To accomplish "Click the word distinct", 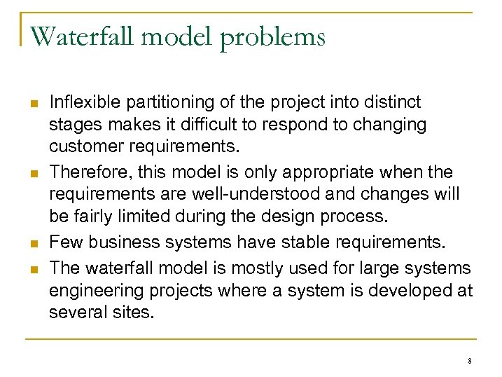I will click(394, 102).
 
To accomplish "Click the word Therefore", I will click(85, 172).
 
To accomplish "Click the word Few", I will click(63, 242).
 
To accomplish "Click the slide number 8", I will click(469, 361).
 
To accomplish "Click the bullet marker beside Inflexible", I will click(34, 104).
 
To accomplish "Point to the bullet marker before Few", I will click(34, 244).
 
